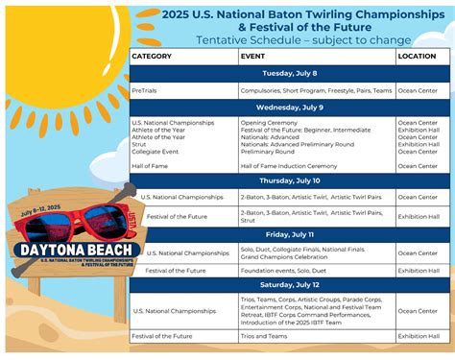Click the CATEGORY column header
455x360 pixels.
pyautogui.click(x=152, y=57)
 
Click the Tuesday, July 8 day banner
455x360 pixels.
pyautogui.click(x=288, y=74)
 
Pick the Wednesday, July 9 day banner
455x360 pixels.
pyautogui.click(x=288, y=108)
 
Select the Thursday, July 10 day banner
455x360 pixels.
pyautogui.click(x=288, y=180)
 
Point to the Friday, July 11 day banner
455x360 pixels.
pyautogui.click(x=288, y=235)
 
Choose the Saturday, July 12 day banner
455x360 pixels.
pyautogui.click(x=288, y=286)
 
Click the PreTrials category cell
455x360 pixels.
pyautogui.click(x=145, y=91)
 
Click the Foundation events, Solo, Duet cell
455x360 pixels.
pyautogui.click(x=281, y=271)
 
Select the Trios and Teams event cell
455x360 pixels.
pyautogui.click(x=264, y=336)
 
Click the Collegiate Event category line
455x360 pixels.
pyautogui.click(x=155, y=152)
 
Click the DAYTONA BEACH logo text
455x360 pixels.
pyautogui.click(x=72, y=249)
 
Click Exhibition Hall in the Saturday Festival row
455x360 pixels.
pyautogui.click(x=421, y=336)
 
